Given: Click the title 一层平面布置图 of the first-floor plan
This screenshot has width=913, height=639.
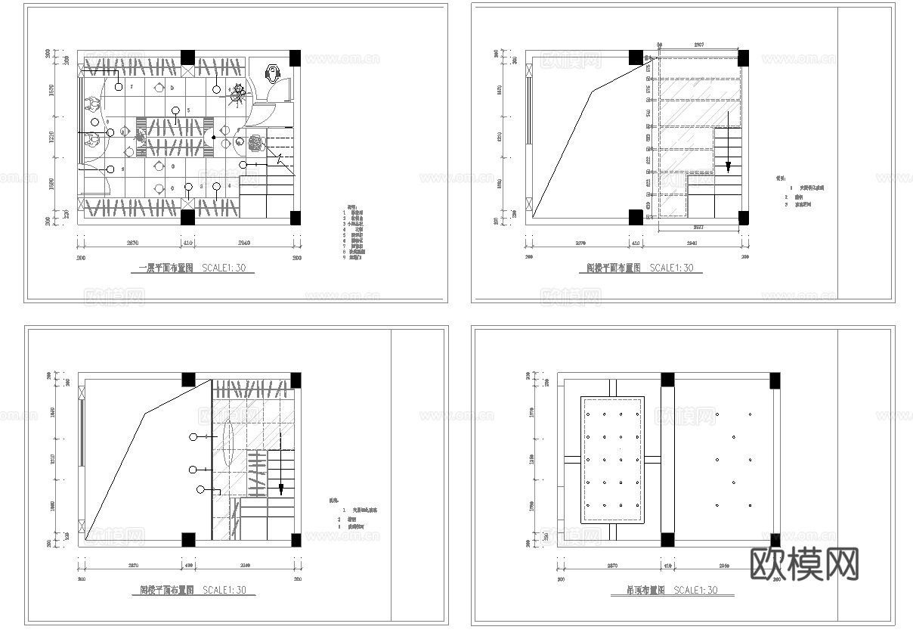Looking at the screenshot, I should point(167,268).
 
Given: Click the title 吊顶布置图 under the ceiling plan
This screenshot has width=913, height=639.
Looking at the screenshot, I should point(638,591).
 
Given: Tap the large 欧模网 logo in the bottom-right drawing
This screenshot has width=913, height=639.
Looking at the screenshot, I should point(805,563).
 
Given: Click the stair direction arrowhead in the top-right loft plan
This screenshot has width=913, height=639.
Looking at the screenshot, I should point(728,167).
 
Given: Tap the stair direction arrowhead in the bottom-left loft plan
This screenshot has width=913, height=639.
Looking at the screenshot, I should point(281,490).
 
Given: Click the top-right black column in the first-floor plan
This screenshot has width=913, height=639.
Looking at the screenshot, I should point(295,57).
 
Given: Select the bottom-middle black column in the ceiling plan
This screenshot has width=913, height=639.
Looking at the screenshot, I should point(667,539).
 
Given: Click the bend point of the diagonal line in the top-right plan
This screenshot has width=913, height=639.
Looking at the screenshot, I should point(592,92).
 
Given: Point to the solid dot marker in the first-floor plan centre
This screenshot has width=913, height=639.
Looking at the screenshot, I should point(214,138).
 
